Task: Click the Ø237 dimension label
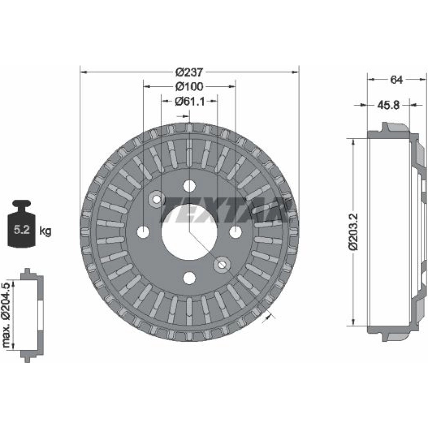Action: (190, 72)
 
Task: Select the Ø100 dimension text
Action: (190, 86)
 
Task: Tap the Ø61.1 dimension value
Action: (190, 101)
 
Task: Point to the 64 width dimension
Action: (396, 80)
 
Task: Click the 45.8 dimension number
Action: (389, 105)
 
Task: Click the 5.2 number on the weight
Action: (21, 229)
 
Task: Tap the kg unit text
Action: (45, 231)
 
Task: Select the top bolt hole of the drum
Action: (190, 186)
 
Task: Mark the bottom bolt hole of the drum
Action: (190, 278)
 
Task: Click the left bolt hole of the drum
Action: (143, 232)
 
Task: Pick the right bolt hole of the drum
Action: (235, 232)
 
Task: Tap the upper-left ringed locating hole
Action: (157, 199)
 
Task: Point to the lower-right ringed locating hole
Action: (222, 265)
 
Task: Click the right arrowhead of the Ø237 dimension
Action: (296, 72)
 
